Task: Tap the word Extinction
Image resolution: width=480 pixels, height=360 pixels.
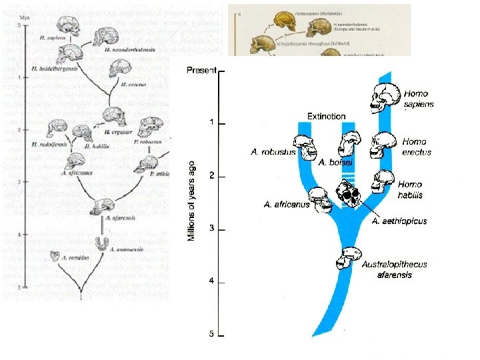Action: click(x=326, y=117)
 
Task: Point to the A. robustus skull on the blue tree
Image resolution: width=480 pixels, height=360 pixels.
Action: click(x=307, y=147)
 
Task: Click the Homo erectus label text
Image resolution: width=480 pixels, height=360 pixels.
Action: click(x=417, y=147)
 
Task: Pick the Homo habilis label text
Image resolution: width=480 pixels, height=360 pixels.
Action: click(x=413, y=189)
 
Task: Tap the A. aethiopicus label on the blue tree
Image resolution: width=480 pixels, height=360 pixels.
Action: click(x=399, y=221)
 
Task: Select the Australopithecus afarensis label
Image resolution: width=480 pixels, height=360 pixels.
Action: click(x=395, y=269)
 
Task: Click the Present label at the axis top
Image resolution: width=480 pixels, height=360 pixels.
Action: click(x=201, y=70)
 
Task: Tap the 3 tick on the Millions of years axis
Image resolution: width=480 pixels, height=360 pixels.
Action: click(x=211, y=229)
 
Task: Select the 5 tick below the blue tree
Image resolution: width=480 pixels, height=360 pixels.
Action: click(x=211, y=334)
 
